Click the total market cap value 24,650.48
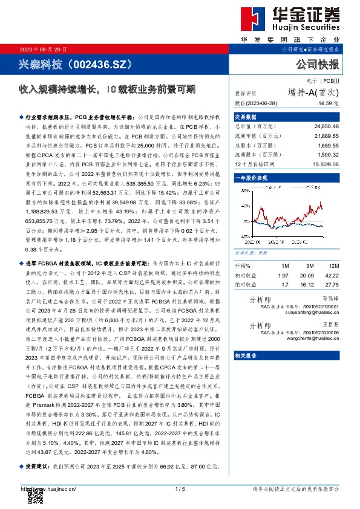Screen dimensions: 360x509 coord(327,126)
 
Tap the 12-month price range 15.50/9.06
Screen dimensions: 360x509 coord(326,164)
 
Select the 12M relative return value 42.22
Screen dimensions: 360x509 coord(332,275)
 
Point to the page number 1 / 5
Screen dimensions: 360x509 coord(180,488)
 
